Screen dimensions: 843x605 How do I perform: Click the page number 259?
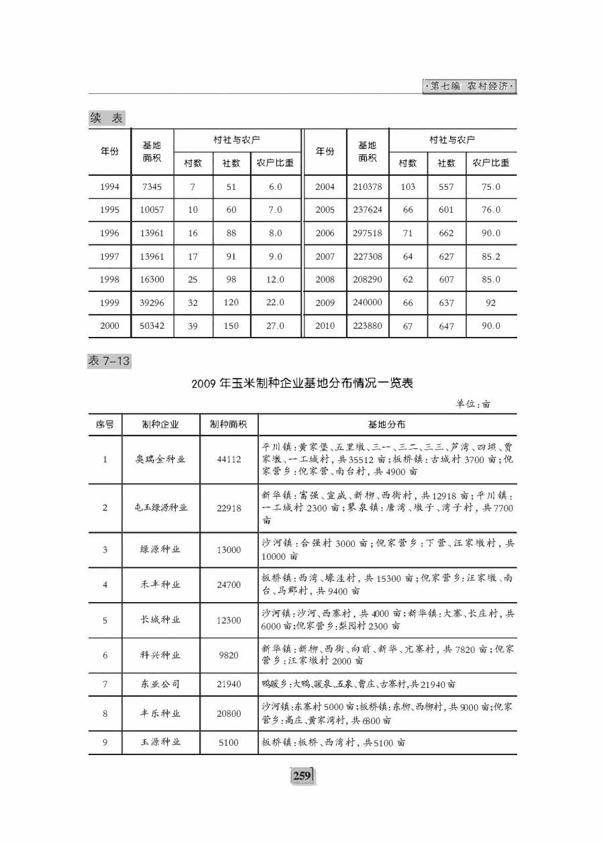(x=302, y=776)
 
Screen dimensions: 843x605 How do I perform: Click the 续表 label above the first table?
(x=107, y=118)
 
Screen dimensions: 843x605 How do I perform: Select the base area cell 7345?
(x=152, y=187)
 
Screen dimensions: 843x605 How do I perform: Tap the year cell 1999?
(x=109, y=303)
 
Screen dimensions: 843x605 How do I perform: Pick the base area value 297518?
(x=367, y=233)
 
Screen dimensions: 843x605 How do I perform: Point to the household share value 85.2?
(x=491, y=256)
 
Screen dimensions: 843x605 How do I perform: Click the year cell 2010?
(x=325, y=326)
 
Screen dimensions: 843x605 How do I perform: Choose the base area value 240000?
(x=367, y=303)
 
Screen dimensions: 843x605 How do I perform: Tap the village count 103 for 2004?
(x=408, y=187)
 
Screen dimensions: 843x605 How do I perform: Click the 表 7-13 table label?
(x=109, y=361)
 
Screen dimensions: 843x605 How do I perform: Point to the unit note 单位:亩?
(x=473, y=404)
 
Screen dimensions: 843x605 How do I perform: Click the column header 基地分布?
(x=386, y=425)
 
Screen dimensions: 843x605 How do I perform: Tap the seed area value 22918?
(x=229, y=508)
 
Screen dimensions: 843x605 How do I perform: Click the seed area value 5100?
(x=229, y=743)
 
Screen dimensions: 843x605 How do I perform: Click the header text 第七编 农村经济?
(x=470, y=87)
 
